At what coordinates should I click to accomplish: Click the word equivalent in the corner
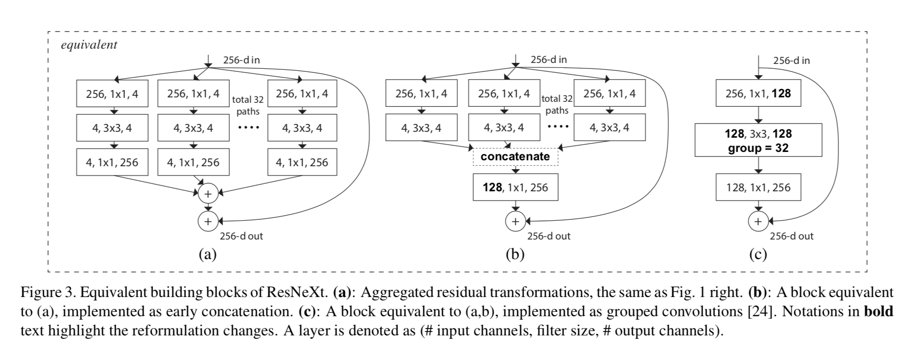[89, 45]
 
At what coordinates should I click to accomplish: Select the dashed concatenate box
[515, 157]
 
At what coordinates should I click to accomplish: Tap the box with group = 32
[758, 140]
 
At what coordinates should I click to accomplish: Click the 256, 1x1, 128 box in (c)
[758, 93]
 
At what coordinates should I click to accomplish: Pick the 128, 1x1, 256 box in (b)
[515, 187]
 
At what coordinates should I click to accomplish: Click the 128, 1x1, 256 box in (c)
[758, 187]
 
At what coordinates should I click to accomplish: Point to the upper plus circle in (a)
[208, 194]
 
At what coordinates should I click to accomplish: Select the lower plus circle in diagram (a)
[208, 221]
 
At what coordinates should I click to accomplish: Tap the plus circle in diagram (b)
[515, 221]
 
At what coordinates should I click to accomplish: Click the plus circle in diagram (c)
[758, 221]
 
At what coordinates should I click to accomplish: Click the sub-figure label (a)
[208, 254]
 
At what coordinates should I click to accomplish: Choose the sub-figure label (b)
[515, 254]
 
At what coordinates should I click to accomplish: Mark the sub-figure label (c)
[758, 254]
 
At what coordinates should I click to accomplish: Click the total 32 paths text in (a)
[248, 105]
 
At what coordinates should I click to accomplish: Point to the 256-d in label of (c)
[791, 61]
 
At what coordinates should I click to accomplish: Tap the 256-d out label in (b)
[549, 236]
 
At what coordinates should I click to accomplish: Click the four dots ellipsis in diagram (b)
[558, 126]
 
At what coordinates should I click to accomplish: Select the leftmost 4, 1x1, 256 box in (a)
[112, 162]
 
